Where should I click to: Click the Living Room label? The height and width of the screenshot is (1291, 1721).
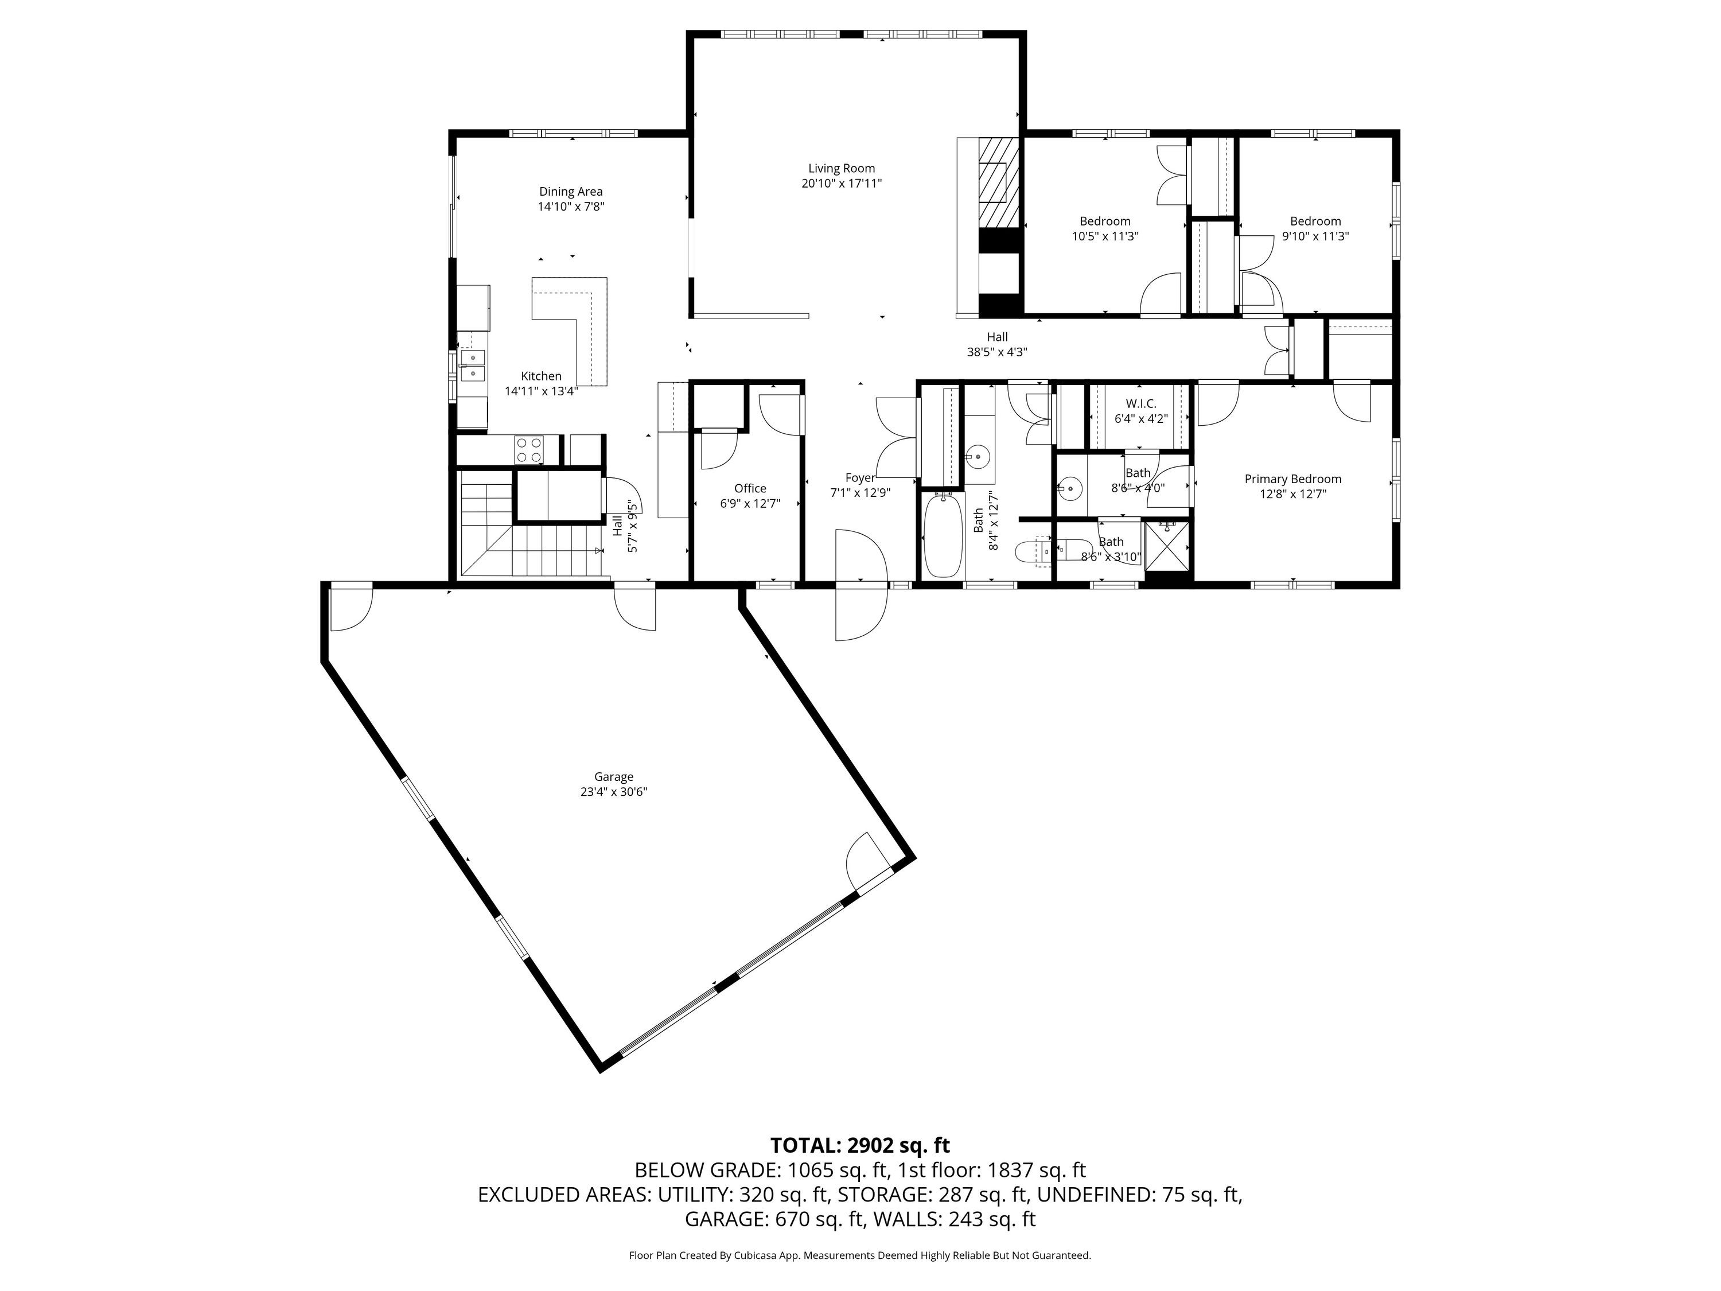[841, 168]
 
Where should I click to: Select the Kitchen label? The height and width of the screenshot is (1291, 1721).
[542, 376]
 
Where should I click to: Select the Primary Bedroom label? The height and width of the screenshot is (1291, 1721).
[1293, 479]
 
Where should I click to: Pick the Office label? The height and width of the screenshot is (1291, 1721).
[750, 488]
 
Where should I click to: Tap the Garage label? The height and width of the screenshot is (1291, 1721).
[614, 777]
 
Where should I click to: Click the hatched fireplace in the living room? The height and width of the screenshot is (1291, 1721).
[998, 182]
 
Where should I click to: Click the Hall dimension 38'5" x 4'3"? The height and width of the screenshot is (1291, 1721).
[998, 352]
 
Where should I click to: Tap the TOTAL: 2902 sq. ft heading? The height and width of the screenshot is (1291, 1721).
[860, 1145]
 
